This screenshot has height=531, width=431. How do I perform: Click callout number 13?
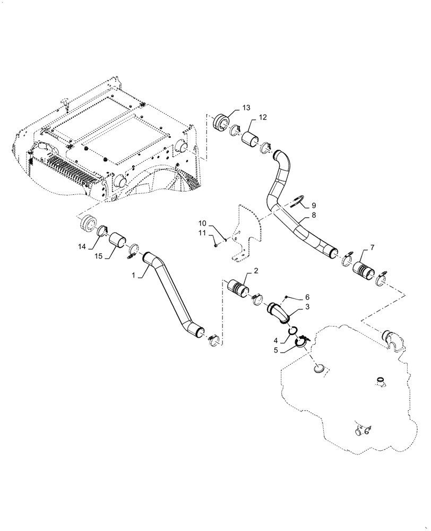click(x=246, y=108)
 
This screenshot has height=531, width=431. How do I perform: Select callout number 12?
click(x=263, y=117)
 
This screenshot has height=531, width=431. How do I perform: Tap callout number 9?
click(x=313, y=205)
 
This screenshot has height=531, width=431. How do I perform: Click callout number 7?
click(x=372, y=247)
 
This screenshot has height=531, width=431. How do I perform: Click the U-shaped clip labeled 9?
click(x=298, y=200)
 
